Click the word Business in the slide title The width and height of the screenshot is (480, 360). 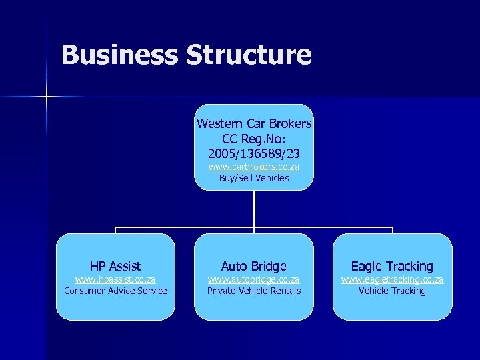point(119,55)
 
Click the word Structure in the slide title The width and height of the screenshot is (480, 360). point(249,55)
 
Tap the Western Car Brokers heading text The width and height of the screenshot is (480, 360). point(254,124)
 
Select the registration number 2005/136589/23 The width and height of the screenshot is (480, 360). point(254,153)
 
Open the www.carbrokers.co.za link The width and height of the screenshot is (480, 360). point(254,167)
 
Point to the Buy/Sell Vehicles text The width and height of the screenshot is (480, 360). point(254,178)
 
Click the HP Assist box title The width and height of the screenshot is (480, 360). point(115,267)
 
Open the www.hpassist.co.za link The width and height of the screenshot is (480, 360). point(115,279)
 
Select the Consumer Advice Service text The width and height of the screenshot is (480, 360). point(115,291)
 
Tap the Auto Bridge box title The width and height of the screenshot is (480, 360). point(254,267)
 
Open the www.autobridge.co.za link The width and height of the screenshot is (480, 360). point(254,279)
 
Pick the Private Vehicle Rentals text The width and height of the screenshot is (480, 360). point(254,291)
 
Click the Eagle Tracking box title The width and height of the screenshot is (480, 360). point(392,267)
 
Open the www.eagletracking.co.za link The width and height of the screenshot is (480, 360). point(392,279)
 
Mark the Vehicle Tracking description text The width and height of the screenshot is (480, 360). point(392,291)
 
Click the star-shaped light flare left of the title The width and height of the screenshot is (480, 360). point(47,97)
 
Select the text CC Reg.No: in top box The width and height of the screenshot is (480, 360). point(254,139)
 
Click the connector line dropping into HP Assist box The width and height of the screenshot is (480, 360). point(115,231)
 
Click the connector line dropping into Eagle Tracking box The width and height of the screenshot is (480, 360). point(392,231)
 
